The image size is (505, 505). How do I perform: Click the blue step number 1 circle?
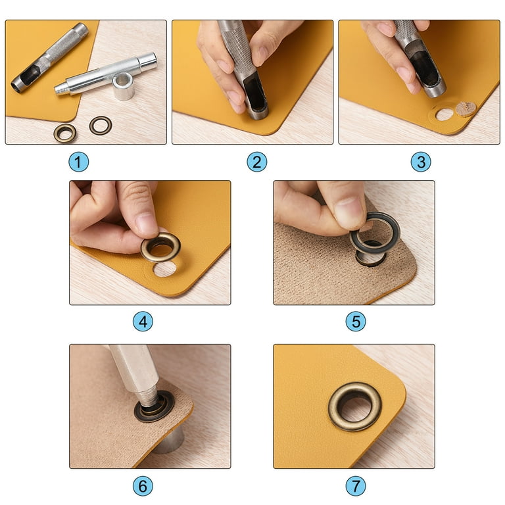79,162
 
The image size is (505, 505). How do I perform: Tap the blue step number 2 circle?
256,162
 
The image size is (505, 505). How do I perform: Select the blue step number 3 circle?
421,162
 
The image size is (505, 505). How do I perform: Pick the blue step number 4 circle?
143,322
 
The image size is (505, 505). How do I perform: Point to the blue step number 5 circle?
356,322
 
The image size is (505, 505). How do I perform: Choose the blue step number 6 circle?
143,486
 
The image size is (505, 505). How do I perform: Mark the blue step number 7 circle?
356,486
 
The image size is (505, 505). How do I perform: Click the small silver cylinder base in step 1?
124,85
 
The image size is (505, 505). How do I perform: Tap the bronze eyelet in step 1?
65,133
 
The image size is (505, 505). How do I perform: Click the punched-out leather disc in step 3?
466,109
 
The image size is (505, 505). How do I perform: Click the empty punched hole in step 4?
164,269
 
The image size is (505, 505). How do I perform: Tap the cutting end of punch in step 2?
256,112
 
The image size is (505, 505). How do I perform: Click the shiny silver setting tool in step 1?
106,74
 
